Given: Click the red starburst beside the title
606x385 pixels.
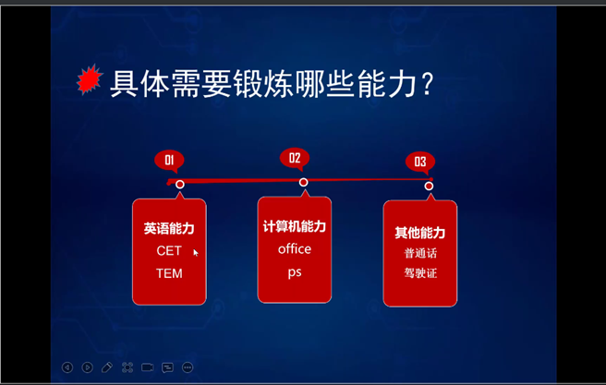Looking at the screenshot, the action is [90, 80].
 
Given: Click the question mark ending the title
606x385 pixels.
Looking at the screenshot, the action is [427, 84].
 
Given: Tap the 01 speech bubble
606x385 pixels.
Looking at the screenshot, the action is [169, 161].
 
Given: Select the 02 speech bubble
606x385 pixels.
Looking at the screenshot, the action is [295, 158].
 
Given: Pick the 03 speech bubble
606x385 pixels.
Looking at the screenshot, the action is [420, 162].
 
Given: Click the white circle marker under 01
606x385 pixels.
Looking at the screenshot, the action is [180, 185].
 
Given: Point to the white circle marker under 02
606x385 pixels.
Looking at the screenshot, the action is [303, 182].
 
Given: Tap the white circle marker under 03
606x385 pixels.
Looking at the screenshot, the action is [429, 186].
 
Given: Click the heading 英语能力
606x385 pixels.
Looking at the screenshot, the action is [169, 229].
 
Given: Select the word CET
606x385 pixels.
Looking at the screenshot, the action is [169, 251].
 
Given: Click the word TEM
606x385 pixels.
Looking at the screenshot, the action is [169, 273].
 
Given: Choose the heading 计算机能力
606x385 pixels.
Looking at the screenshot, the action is [295, 227].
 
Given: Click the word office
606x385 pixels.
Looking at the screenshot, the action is [295, 249].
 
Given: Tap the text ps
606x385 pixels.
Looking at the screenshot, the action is [295, 272].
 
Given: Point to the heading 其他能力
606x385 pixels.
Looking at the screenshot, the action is [420, 233].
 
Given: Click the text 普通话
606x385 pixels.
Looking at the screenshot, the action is [420, 253].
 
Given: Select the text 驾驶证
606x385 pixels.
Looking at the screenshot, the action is [420, 273].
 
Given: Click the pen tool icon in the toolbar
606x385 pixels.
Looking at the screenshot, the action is [107, 367].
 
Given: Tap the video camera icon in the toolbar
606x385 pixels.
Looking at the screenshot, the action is [147, 367].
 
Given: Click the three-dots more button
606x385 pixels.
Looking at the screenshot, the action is [188, 367].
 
